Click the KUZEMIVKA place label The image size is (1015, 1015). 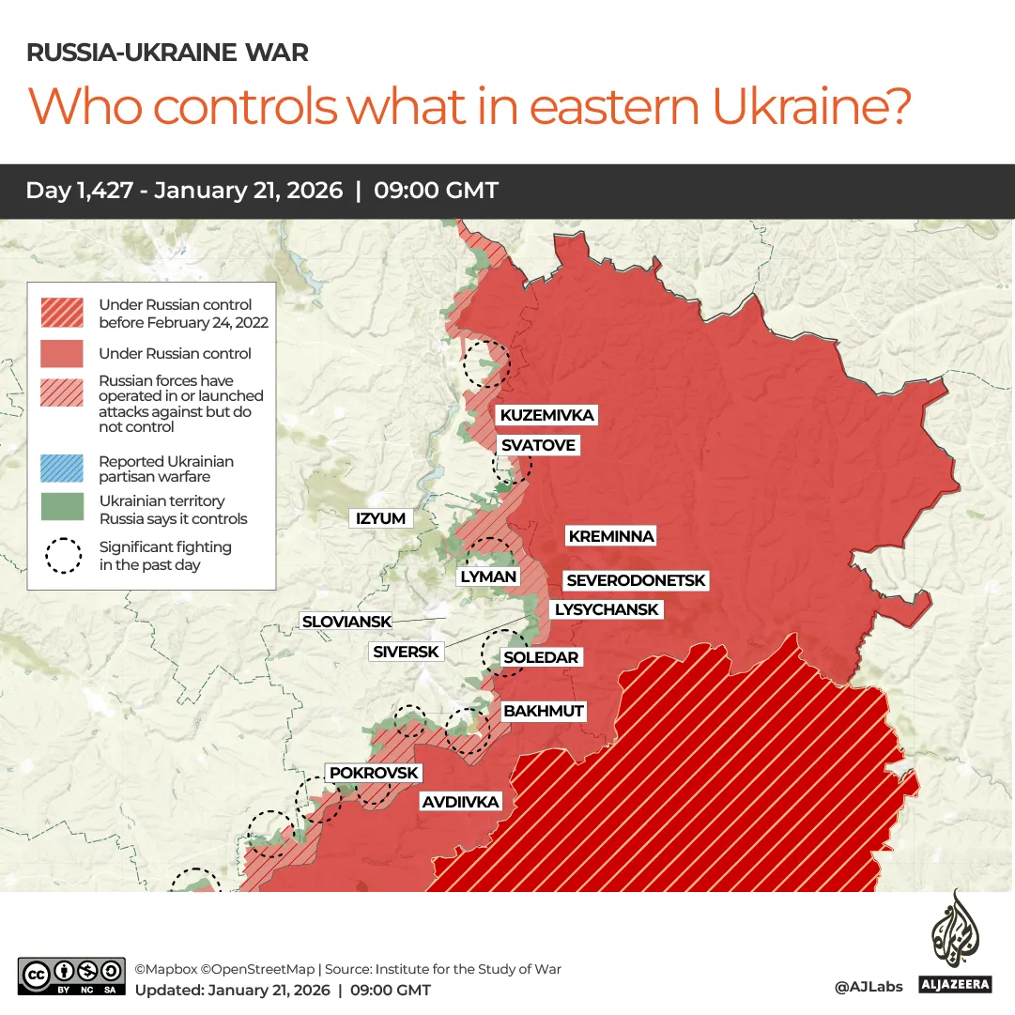pyautogui.click(x=546, y=415)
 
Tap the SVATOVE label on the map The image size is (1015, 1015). pyautogui.click(x=537, y=445)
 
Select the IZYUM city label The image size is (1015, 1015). pyautogui.click(x=380, y=518)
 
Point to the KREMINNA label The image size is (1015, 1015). pyautogui.click(x=610, y=536)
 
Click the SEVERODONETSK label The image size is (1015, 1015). pyautogui.click(x=636, y=581)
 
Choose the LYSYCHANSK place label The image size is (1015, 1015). pyautogui.click(x=607, y=609)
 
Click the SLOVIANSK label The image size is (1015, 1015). pyautogui.click(x=346, y=621)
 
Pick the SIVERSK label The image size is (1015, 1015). pyautogui.click(x=406, y=651)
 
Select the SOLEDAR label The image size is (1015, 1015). pyautogui.click(x=541, y=657)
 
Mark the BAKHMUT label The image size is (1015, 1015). pyautogui.click(x=544, y=711)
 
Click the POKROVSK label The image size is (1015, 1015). pyautogui.click(x=374, y=773)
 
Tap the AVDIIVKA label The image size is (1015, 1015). pyautogui.click(x=460, y=802)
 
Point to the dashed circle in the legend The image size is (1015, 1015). pyautogui.click(x=64, y=556)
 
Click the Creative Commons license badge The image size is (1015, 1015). pyautogui.click(x=71, y=976)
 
